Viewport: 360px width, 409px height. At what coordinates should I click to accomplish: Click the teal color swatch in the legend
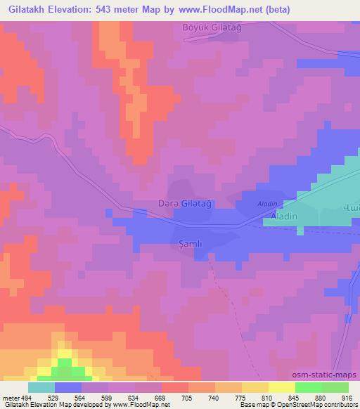point(41,387)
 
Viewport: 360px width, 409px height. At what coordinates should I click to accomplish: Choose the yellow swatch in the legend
point(282,387)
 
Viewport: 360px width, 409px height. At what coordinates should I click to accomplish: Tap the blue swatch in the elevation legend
point(68,387)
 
